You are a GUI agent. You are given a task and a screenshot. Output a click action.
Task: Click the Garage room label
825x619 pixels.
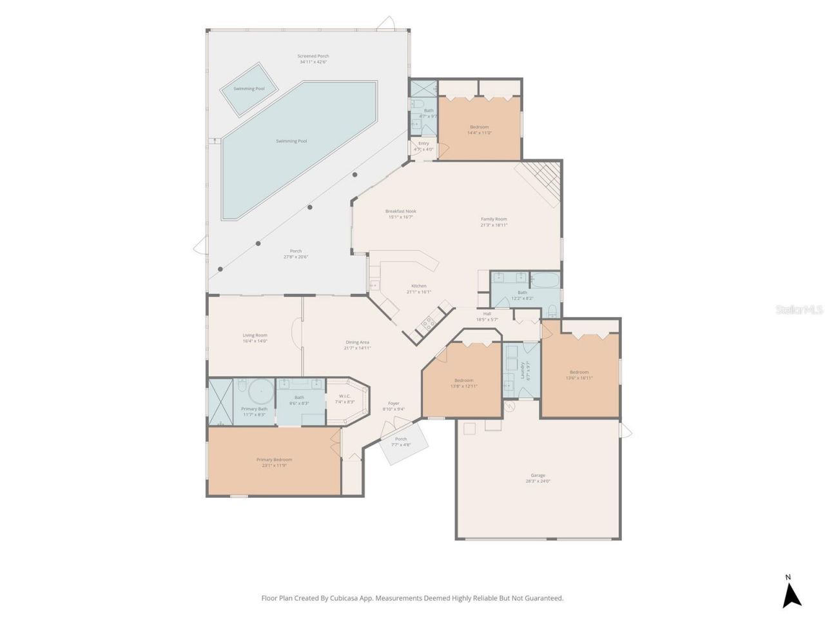538,478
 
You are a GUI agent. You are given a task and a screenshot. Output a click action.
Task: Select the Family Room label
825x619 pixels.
494,222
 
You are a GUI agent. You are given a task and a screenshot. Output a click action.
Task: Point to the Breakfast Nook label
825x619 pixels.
400,214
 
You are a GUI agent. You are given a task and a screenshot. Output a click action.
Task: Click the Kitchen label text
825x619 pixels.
419,288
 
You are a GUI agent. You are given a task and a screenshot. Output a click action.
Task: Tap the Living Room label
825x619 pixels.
255,338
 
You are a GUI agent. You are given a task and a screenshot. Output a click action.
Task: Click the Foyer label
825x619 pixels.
393,406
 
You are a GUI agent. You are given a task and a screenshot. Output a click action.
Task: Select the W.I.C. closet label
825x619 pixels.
344,398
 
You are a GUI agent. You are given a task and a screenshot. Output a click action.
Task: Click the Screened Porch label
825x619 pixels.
313,59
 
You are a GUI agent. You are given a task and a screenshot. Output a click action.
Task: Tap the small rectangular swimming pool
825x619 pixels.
249,89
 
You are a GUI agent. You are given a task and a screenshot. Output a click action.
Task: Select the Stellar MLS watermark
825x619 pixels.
799,310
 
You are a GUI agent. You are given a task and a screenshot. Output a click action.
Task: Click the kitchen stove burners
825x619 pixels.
427,324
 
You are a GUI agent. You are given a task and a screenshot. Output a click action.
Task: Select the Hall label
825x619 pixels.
487,316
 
